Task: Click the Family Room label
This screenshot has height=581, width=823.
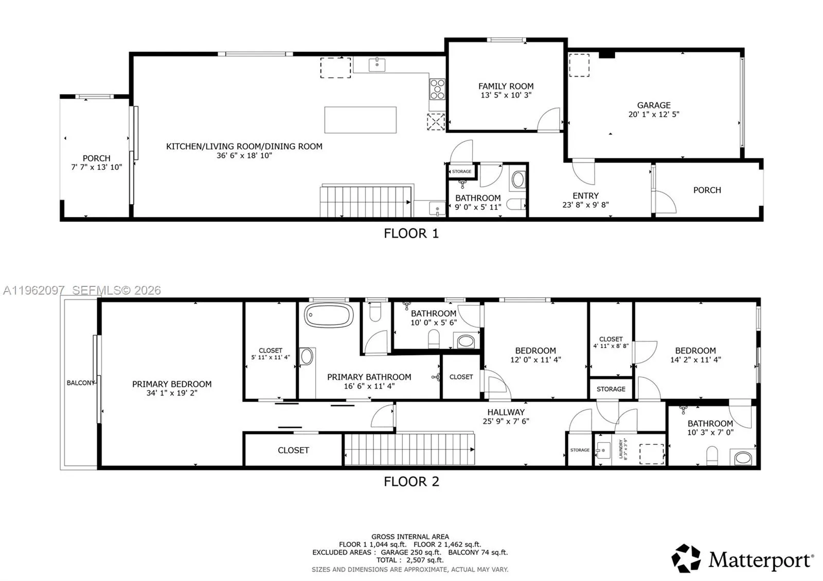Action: tap(506, 86)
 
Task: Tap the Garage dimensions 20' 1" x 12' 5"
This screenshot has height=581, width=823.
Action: tap(653, 114)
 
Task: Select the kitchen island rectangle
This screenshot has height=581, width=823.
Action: tap(360, 120)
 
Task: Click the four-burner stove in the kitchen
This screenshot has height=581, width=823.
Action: tap(437, 88)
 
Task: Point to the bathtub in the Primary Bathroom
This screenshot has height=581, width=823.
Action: tap(329, 315)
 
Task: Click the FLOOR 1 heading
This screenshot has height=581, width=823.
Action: tap(411, 233)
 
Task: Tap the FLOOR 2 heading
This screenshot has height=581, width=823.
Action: tap(411, 482)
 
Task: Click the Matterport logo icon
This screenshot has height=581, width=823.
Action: tap(686, 558)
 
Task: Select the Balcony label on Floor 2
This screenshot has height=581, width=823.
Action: tap(81, 383)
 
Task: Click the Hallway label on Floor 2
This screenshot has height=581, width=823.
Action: tap(506, 412)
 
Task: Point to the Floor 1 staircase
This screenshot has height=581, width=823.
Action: tap(366, 202)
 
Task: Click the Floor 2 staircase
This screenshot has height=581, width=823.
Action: tap(409, 449)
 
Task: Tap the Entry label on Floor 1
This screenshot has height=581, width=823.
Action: tap(585, 196)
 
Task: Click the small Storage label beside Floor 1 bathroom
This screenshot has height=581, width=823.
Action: tap(461, 171)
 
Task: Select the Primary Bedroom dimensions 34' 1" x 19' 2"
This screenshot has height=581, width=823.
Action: tap(172, 393)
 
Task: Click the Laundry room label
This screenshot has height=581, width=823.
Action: tap(621, 449)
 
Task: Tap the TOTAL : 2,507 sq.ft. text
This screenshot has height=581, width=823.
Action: tap(409, 560)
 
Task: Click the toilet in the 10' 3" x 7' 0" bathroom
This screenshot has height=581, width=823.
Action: tap(712, 455)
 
